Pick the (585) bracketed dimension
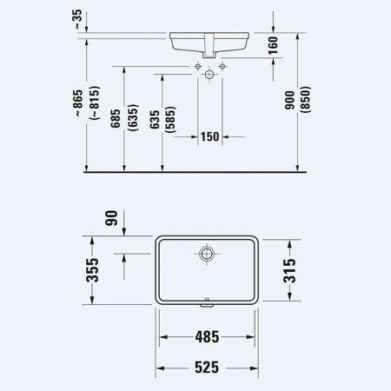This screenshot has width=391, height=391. pos(169,123)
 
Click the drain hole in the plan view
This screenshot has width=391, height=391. pos(209,255)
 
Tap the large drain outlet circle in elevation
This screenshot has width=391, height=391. pos(209,76)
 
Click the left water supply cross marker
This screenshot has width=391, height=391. pos(198,66)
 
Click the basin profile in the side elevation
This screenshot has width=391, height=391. pos(209,42)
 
